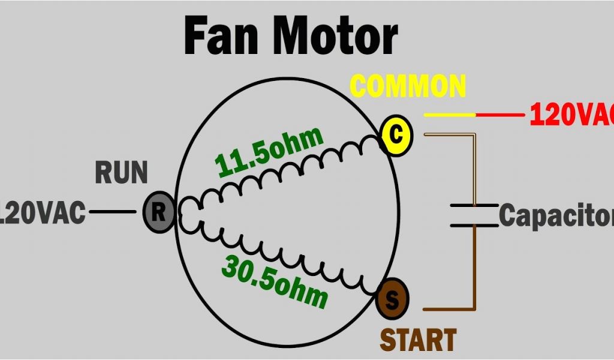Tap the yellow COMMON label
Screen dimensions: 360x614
point(408,86)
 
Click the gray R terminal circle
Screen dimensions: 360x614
point(159,212)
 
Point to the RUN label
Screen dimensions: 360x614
point(121,173)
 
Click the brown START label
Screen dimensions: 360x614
point(418,340)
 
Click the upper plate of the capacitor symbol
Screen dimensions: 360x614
point(474,206)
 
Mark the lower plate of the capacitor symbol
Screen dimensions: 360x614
point(474,226)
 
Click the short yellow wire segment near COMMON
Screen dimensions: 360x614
point(450,114)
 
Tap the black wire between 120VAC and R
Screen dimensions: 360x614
point(113,211)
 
